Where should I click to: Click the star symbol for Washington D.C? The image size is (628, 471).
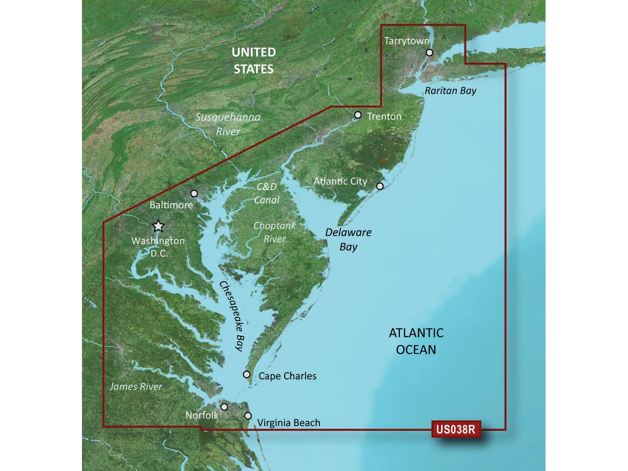point(158,226)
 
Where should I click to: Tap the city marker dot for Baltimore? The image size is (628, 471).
point(194,194)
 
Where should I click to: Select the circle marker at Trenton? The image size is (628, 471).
point(358,115)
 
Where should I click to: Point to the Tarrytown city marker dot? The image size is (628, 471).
point(429,53)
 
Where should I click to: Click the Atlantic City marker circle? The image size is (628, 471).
point(380,186)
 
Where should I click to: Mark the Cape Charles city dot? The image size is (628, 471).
point(246,374)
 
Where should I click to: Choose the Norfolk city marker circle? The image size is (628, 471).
point(224,407)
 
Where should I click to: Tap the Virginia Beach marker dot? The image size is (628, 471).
point(248,416)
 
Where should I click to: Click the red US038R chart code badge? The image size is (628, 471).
point(456,429)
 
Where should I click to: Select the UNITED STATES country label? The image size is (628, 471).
point(253,61)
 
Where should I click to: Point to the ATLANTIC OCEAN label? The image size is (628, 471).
point(416,341)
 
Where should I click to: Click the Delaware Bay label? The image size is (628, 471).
point(348,239)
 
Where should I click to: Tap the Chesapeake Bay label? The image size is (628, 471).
point(232,316)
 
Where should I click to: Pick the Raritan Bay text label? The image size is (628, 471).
point(450,90)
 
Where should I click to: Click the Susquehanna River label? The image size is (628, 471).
point(228,124)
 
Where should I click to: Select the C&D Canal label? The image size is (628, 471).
point(267,193)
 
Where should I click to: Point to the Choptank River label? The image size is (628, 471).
point(275,232)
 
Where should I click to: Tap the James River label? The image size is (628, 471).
point(136,387)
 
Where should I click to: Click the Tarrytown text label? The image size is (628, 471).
point(407,41)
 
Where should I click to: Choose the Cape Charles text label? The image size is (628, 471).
point(287,376)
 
